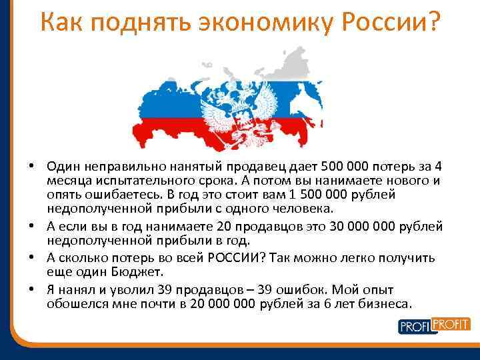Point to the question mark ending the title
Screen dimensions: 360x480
point(433,24)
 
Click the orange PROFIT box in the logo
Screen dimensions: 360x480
point(451,325)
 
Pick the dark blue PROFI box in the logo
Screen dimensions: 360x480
point(415,327)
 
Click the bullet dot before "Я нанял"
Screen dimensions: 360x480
point(32,289)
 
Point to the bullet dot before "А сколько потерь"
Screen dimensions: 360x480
point(32,258)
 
